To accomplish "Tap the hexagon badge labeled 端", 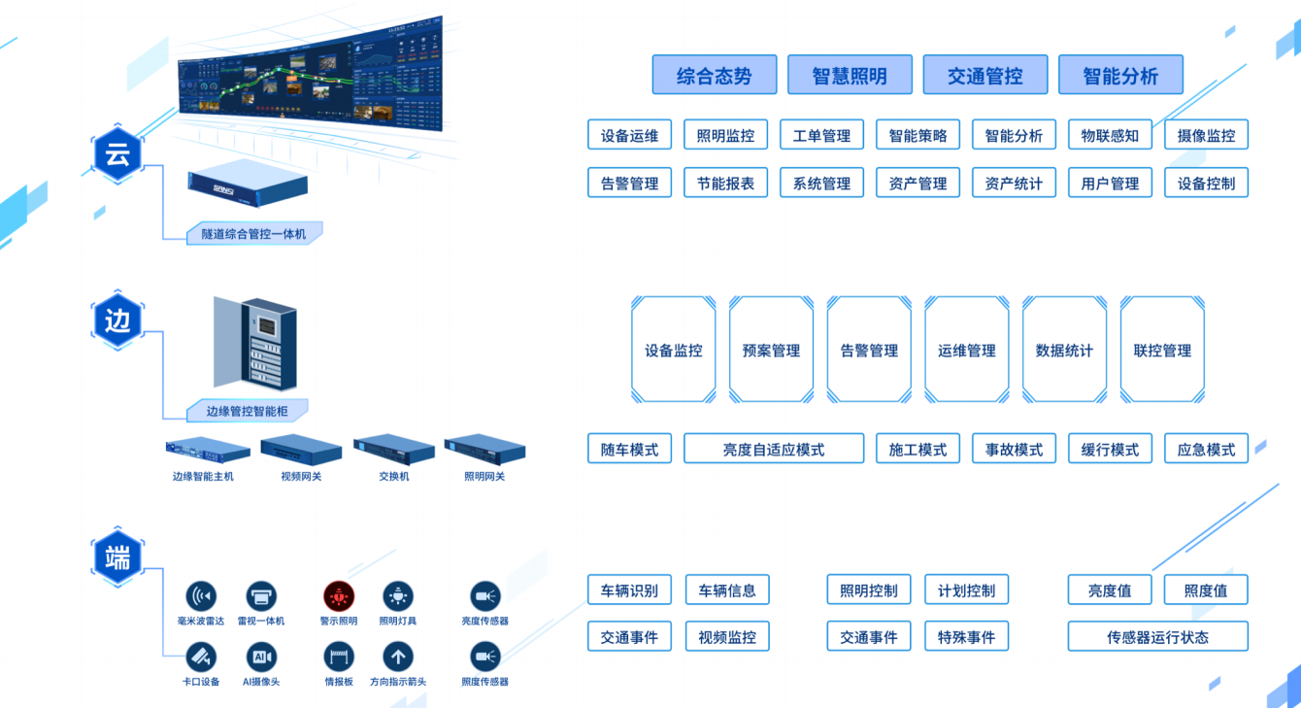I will [x=117, y=558].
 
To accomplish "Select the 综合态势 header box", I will [x=715, y=75].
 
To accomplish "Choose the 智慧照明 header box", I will [x=850, y=75].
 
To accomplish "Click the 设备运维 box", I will [x=629, y=135].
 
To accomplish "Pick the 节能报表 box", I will [x=725, y=183].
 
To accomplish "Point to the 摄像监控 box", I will [x=1206, y=135].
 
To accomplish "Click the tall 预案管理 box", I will [x=771, y=350].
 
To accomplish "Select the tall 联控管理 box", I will [x=1162, y=350].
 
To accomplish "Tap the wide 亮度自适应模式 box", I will [x=774, y=449].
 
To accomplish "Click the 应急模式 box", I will [x=1206, y=449].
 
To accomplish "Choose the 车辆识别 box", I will [x=629, y=590].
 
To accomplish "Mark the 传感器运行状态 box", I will [x=1157, y=636].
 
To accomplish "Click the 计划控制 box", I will [x=966, y=590].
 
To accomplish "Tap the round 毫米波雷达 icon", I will [x=201, y=596].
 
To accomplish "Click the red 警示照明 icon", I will [x=339, y=596].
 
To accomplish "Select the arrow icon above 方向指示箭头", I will [x=397, y=657].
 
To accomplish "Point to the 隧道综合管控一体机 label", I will [x=253, y=233].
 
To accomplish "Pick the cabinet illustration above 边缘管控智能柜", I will [x=256, y=344].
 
